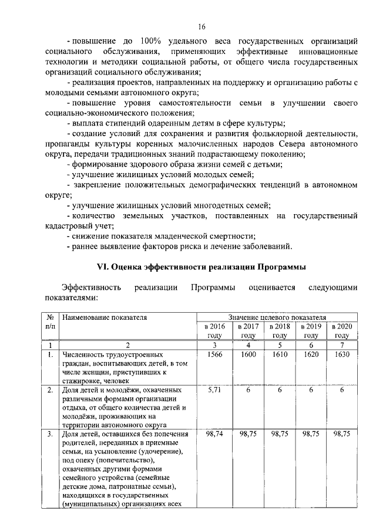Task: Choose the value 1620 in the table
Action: point(310,354)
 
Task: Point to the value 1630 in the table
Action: point(342,354)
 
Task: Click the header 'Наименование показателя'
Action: point(103,317)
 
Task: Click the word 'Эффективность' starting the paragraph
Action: point(92,288)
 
